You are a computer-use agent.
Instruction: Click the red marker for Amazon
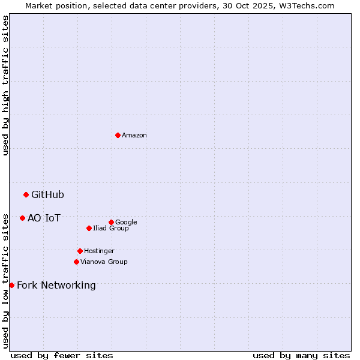point(118,135)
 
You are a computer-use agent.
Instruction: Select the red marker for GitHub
point(26,194)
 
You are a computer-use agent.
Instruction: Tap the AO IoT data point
point(22,218)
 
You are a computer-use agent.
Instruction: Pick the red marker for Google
point(111,222)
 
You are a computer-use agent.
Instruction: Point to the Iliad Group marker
point(89,228)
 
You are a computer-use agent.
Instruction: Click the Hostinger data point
point(80,251)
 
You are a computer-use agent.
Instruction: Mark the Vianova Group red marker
point(76,262)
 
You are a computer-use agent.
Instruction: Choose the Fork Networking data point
point(11,285)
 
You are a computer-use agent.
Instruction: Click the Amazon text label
point(134,136)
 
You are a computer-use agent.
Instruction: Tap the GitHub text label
point(47,194)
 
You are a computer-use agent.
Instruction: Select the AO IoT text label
point(44,218)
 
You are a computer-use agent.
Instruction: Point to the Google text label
point(126,222)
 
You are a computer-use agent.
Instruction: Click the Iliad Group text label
point(111,228)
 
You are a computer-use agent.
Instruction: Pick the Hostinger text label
point(99,251)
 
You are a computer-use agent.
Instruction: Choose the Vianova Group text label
point(104,262)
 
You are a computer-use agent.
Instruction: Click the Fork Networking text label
point(56,285)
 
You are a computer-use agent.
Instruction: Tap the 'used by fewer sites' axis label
point(62,355)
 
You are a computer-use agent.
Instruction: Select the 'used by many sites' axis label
point(301,355)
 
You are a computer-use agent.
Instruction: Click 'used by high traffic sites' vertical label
point(5,85)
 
